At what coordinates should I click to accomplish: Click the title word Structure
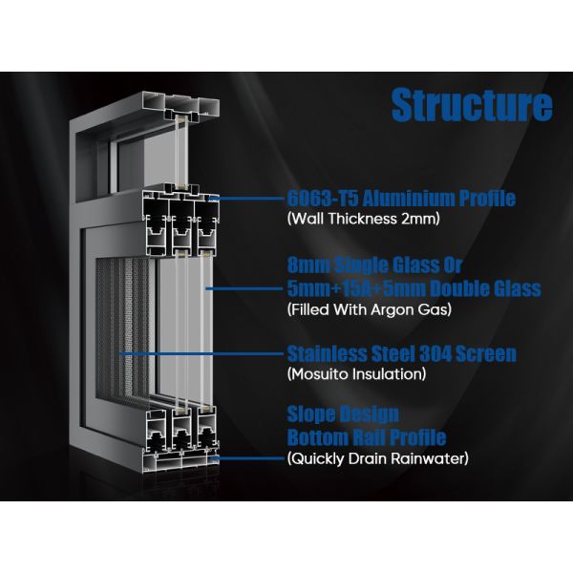tap(472, 105)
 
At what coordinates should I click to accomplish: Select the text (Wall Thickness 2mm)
tap(356, 221)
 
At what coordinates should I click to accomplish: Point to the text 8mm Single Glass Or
tap(367, 265)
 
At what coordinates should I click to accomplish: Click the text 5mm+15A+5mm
tap(359, 287)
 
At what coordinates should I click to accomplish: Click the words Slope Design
tap(343, 415)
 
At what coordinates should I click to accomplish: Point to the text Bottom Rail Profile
tap(367, 438)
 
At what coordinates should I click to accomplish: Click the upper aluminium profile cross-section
tap(176, 221)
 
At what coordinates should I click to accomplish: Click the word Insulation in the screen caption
tap(392, 375)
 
